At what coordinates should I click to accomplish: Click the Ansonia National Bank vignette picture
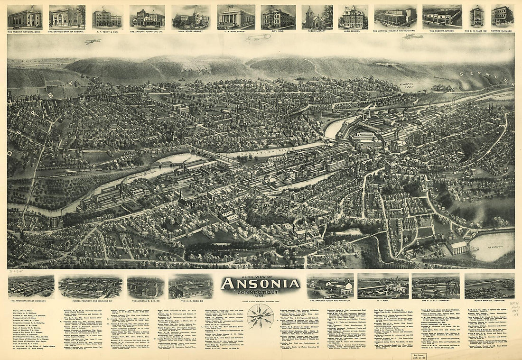[24, 17]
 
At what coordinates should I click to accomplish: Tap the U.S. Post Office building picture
[236, 17]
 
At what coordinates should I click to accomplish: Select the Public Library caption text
[317, 31]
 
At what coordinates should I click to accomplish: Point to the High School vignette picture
[353, 17]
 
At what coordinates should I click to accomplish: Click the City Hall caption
[278, 31]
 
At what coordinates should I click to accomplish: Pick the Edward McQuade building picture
[503, 16]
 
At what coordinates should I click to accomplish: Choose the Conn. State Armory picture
[191, 17]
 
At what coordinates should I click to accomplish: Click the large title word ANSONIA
[260, 284]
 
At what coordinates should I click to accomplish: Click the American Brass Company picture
[31, 287]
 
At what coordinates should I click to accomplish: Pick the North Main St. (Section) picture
[489, 286]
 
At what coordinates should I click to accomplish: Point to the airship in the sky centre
[258, 37]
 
